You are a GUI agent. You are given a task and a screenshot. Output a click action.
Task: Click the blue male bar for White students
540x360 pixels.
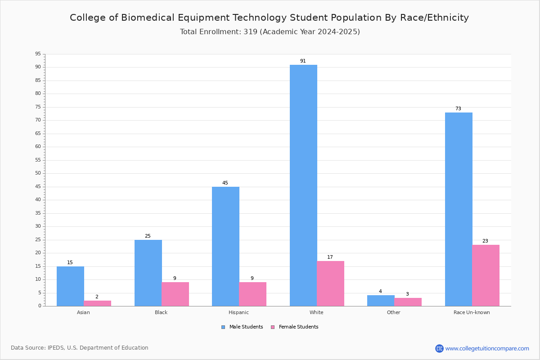(303, 185)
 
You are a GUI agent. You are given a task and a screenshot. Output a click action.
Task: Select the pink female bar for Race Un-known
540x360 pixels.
(486, 275)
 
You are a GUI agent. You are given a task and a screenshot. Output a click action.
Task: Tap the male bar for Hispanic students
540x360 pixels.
(225, 246)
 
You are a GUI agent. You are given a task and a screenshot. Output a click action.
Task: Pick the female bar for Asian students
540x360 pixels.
(97, 303)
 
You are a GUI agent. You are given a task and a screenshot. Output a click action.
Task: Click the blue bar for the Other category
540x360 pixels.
(381, 301)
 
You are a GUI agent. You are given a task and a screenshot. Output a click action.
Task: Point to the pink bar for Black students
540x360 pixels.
(175, 294)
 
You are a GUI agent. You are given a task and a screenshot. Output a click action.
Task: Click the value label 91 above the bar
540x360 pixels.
(303, 61)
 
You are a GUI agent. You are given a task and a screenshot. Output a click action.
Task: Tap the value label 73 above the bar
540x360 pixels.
(458, 108)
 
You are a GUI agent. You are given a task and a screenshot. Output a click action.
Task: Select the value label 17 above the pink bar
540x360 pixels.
(330, 257)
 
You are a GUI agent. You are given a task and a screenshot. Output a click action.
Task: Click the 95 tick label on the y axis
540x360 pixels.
(38, 54)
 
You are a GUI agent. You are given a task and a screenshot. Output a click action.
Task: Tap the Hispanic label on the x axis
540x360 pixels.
(238, 312)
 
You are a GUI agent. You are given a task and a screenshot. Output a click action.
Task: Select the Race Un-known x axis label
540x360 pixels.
(472, 312)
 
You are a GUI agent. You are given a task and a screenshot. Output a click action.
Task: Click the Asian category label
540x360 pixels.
(83, 312)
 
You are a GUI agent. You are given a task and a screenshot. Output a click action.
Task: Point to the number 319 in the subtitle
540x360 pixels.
(251, 31)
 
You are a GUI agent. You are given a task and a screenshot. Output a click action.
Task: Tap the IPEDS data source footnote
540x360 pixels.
(80, 348)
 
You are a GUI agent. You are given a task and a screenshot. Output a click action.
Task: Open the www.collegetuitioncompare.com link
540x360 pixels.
(487, 348)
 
